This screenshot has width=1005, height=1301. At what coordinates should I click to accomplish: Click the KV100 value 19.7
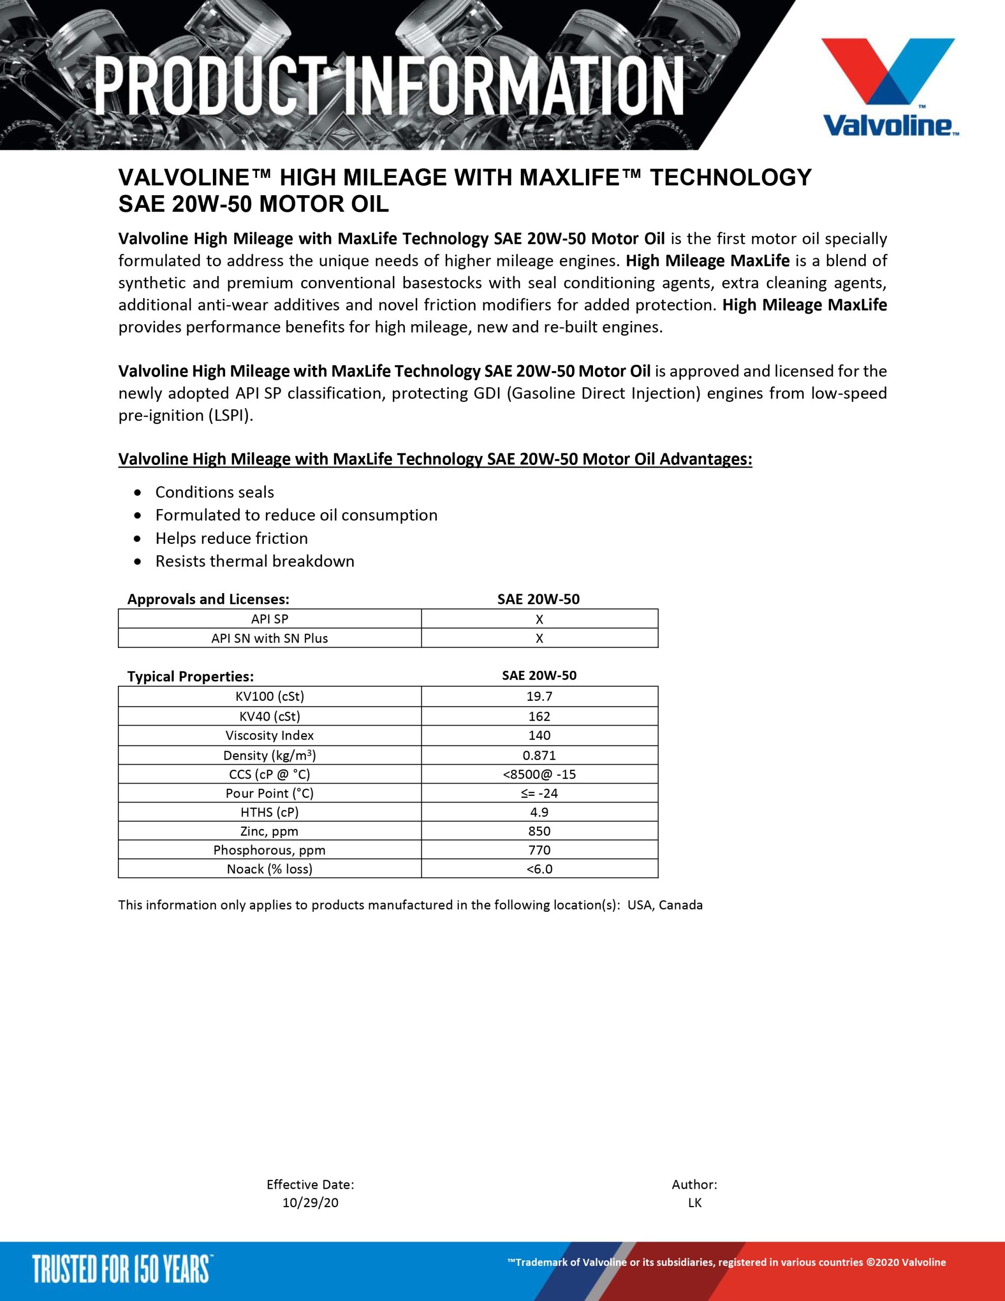coord(539,696)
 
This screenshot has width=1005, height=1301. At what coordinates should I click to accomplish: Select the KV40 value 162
coord(539,716)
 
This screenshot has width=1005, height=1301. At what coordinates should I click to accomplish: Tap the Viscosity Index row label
coord(269,735)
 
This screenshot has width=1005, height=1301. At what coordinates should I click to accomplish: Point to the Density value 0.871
coord(539,755)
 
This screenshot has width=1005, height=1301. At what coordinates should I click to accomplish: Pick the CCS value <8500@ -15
coord(539,774)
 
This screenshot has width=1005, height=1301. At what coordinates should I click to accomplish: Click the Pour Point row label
coord(269,793)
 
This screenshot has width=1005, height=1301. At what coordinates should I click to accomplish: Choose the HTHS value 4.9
coord(539,812)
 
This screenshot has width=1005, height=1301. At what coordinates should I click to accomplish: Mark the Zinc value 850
coord(539,831)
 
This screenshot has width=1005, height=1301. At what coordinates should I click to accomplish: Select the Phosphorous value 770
coord(539,850)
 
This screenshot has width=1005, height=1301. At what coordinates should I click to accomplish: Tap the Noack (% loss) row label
coord(269,869)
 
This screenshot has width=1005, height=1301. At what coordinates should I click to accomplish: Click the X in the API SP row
coord(539,619)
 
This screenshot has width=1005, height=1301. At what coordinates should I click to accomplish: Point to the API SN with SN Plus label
coord(269,638)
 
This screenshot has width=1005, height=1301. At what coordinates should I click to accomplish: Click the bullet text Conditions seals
coord(214,492)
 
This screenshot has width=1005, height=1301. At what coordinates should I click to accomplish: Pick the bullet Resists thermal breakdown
coord(255,561)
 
